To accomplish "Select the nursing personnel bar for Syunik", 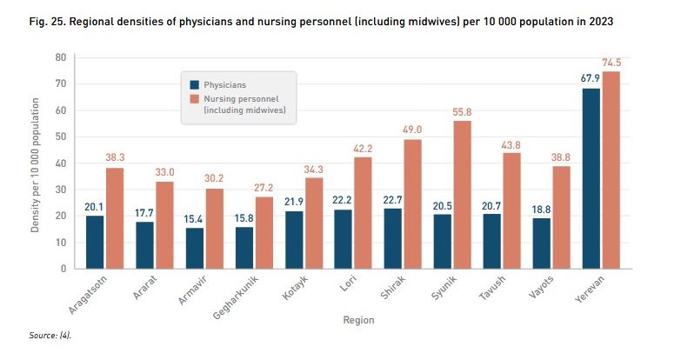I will (462, 194).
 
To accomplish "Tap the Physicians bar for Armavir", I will (195, 248).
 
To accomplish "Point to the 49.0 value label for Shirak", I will (412, 130).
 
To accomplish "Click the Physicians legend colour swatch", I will (196, 85).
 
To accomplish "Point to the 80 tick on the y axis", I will (60, 57).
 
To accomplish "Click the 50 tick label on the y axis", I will (60, 137).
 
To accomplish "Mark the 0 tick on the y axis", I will (63, 269).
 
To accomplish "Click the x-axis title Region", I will (357, 320).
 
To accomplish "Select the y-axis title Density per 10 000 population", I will (36, 165).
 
